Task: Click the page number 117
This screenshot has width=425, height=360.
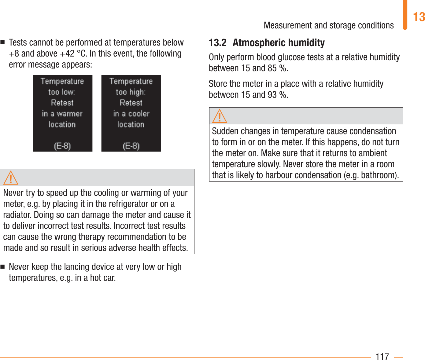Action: tap(382, 356)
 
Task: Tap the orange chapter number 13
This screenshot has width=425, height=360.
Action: tap(419, 17)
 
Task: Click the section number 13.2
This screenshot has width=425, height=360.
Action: tap(217, 43)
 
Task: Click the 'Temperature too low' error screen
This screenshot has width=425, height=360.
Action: tap(62, 113)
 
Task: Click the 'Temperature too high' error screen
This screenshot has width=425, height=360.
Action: tap(131, 113)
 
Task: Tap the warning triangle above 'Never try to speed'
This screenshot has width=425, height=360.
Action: tap(11, 178)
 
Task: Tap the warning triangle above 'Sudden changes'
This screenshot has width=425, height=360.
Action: tap(220, 116)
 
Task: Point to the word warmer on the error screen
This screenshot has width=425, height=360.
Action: tap(70, 114)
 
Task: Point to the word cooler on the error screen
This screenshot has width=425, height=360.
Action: tap(139, 114)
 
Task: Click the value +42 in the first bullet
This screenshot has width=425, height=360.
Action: tap(67, 54)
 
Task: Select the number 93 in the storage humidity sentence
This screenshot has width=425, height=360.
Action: tap(272, 95)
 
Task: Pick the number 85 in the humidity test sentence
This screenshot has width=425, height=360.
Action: tap(272, 68)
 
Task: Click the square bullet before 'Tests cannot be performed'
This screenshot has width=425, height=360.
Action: tap(3, 42)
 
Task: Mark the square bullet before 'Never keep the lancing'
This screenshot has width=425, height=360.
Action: tap(3, 267)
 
